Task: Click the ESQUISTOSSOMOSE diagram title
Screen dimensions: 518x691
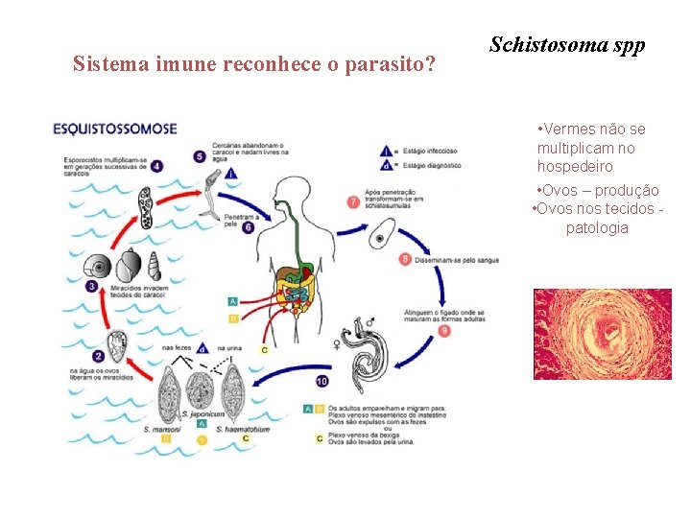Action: [x=115, y=128]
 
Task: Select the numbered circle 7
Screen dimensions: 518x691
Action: [x=353, y=202]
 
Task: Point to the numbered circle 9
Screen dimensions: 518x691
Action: [x=443, y=331]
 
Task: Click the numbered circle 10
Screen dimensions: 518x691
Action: [x=322, y=381]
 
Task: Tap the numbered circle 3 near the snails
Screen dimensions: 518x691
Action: [x=92, y=286]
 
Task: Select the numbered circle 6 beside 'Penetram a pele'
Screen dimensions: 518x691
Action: [x=248, y=227]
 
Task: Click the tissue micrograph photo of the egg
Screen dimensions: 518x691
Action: [x=603, y=334]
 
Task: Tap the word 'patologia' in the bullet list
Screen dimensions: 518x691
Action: [x=597, y=228]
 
